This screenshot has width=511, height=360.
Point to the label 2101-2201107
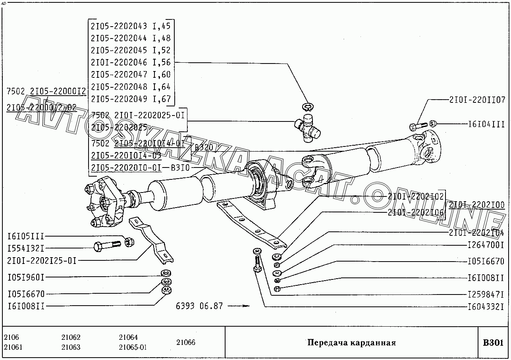(x=477, y=100)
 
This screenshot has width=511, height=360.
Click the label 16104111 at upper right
(x=486, y=124)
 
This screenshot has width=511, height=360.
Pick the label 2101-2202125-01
(x=42, y=260)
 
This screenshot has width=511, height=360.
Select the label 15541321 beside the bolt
(x=26, y=248)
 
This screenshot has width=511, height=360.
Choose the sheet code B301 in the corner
(x=493, y=342)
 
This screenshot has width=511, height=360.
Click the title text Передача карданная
(x=351, y=343)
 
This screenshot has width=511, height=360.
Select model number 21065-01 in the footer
(x=133, y=347)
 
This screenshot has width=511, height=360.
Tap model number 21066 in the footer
(x=186, y=342)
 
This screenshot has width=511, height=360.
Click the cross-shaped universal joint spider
(x=307, y=127)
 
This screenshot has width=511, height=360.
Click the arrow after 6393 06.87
(x=241, y=306)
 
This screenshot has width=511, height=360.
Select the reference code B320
(x=204, y=148)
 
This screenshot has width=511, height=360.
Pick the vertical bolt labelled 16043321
(x=257, y=264)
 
